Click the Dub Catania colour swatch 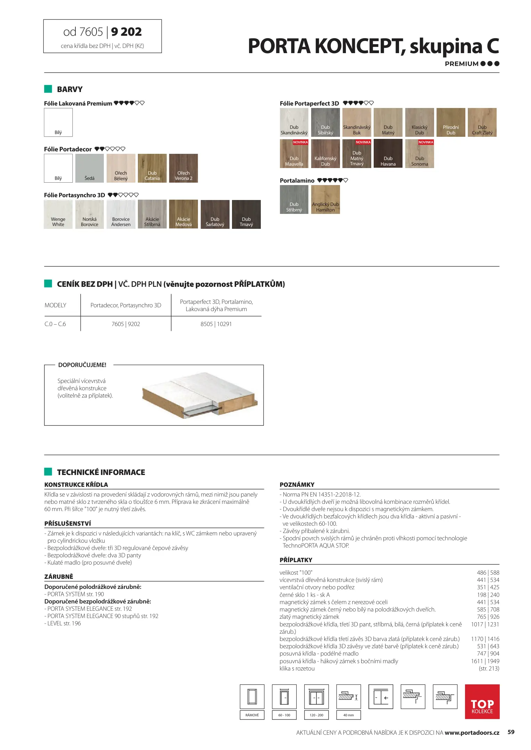(152, 168)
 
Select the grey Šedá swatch (90, 168)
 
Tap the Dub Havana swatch (388, 153)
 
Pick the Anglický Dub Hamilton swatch (325, 199)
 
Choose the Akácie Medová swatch (183, 214)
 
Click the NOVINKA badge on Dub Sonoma (426, 142)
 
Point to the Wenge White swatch (58, 214)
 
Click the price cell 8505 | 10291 (216, 324)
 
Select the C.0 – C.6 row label (55, 324)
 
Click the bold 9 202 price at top (126, 32)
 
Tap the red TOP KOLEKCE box (482, 701)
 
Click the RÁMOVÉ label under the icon (252, 715)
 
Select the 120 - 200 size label (316, 715)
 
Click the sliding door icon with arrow (381, 697)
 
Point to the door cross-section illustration (200, 395)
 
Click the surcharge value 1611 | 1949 (485, 661)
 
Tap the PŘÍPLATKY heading (296, 560)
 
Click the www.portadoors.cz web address (472, 733)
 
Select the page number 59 (511, 732)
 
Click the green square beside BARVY (48, 89)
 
